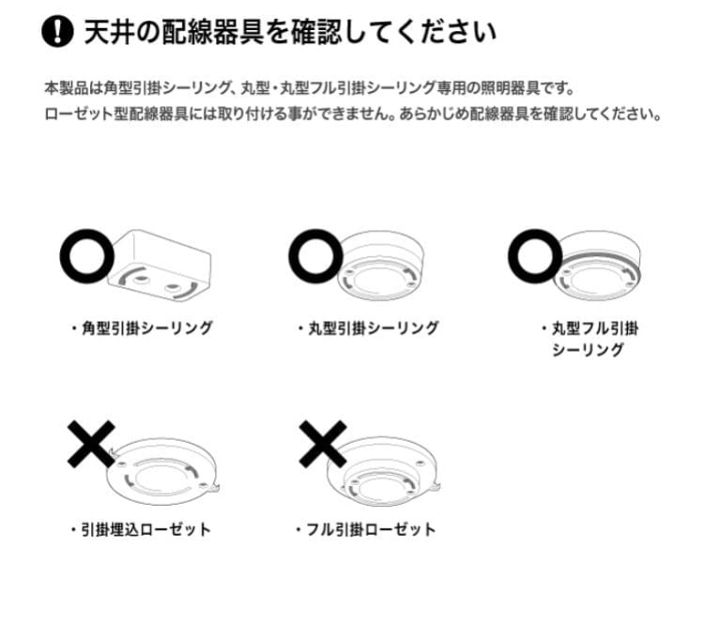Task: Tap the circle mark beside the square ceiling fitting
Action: [86, 254]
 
